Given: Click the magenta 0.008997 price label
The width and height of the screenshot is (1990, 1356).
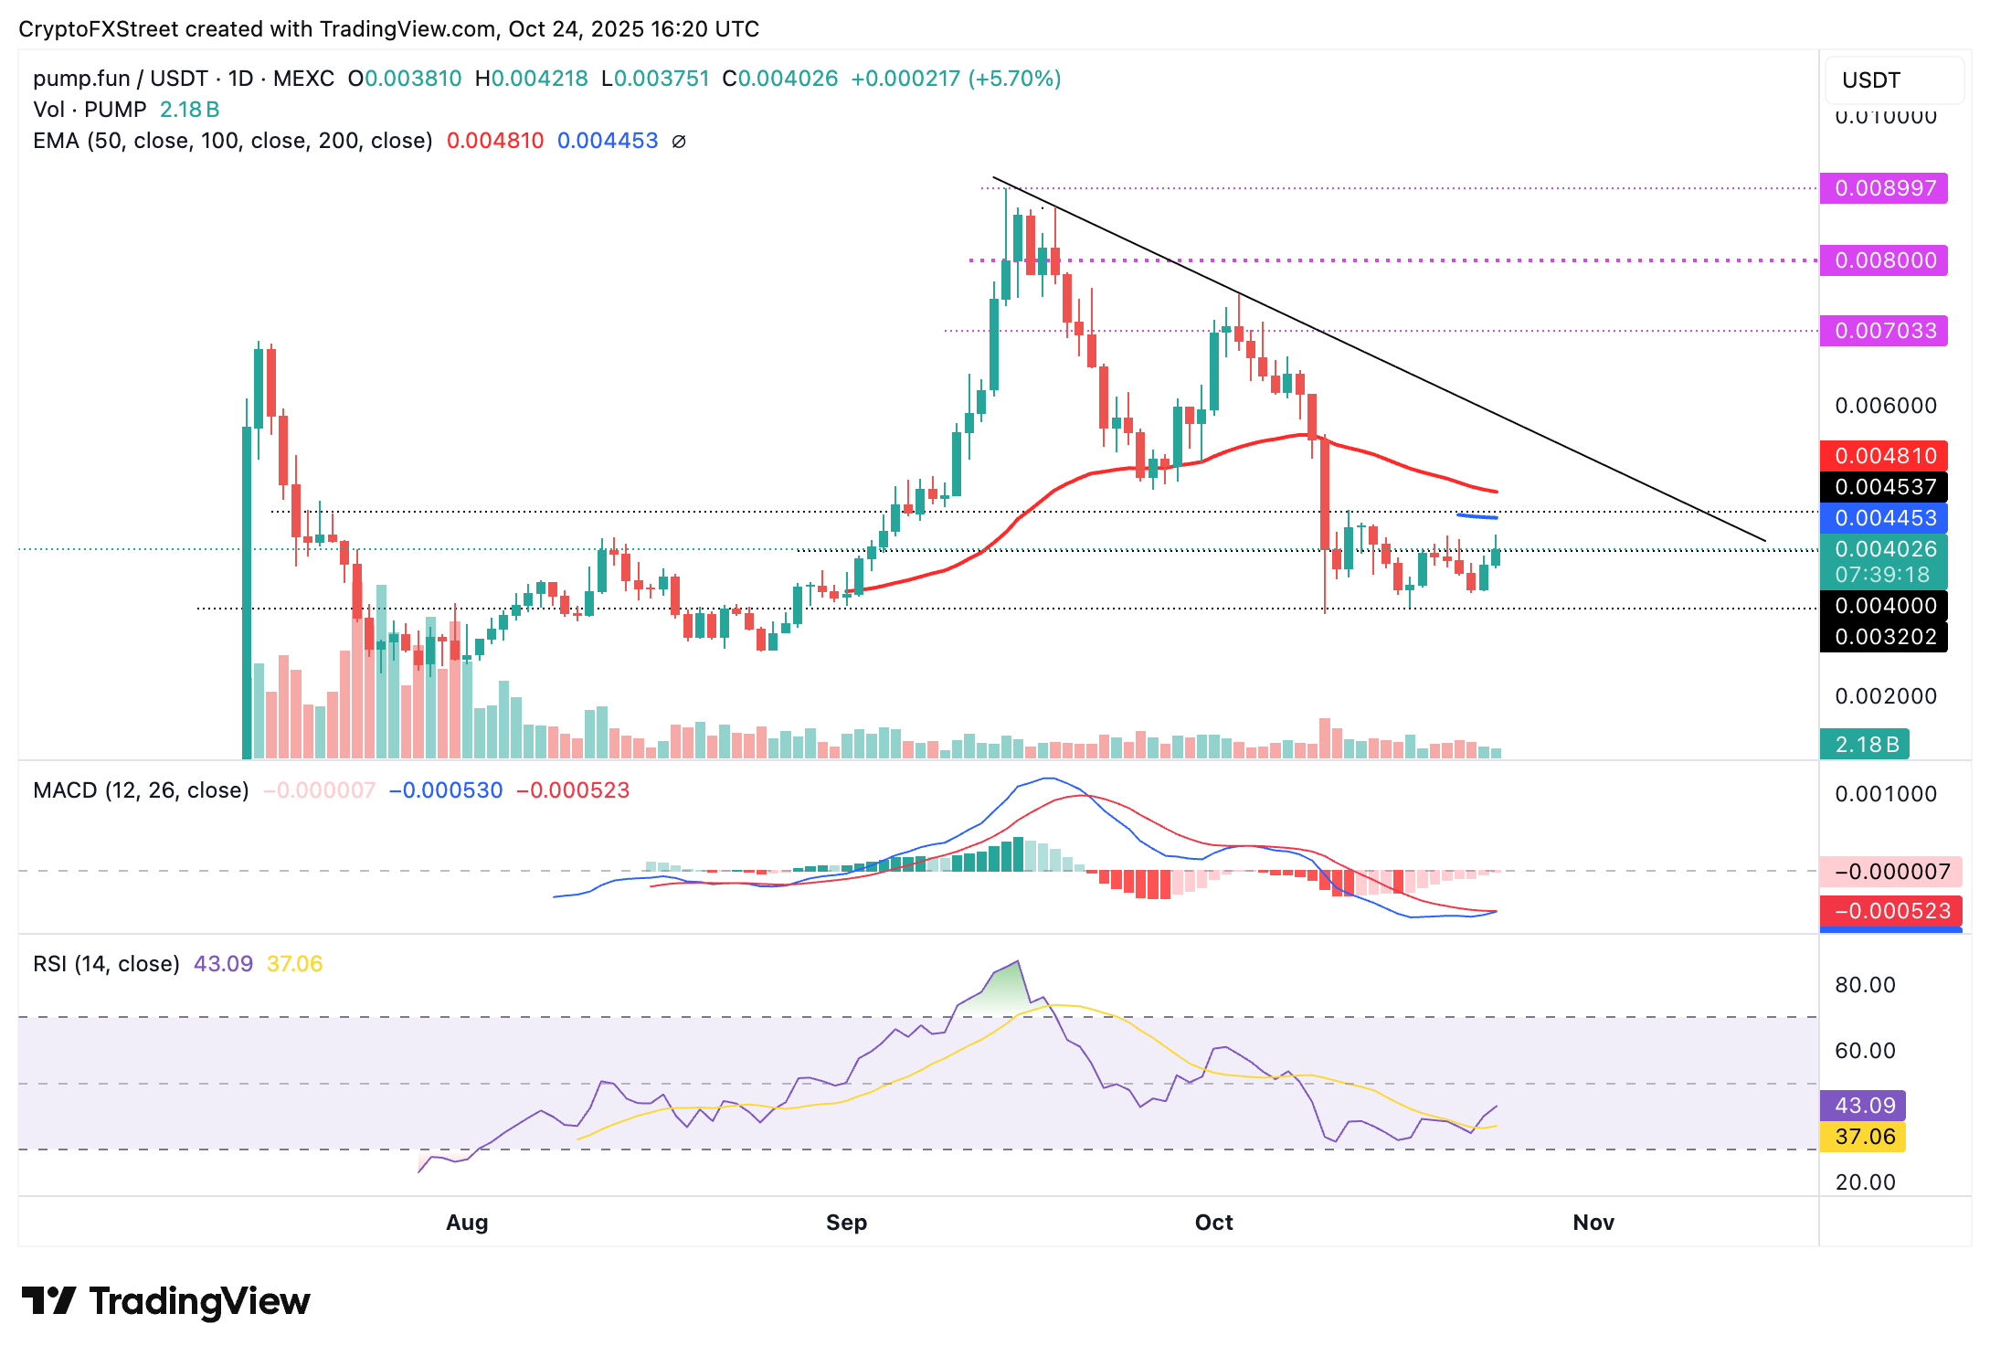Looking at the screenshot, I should (1883, 188).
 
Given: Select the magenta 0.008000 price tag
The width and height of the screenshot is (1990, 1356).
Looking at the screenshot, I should (1883, 260).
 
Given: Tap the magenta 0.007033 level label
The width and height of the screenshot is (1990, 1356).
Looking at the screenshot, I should (1883, 331).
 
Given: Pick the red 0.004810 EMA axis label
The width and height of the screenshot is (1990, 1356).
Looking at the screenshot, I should (1883, 455).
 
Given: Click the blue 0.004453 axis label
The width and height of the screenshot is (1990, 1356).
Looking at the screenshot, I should (1883, 518).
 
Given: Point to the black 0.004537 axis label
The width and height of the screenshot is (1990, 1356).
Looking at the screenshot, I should (1883, 487).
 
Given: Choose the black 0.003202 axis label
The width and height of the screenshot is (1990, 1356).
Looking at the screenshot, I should (1883, 637).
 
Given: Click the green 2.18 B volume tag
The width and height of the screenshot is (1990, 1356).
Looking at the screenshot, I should (1864, 745).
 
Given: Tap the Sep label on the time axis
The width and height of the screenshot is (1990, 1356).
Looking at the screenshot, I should (846, 1223).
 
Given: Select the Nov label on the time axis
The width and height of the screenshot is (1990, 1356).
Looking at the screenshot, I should (1593, 1223).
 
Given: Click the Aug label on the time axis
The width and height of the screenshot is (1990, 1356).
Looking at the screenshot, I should (467, 1223).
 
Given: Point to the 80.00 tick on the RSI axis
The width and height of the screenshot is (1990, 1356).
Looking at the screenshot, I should (1865, 985).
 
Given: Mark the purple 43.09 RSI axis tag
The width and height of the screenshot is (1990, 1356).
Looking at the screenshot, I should (1863, 1106).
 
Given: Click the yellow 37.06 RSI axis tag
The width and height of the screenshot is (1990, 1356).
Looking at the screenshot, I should (1863, 1137).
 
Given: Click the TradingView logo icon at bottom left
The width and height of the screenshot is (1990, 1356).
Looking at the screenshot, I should (49, 1301).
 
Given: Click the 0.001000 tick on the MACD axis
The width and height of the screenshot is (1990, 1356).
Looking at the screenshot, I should (1885, 794).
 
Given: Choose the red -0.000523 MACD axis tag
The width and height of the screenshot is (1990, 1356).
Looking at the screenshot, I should (1890, 911).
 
